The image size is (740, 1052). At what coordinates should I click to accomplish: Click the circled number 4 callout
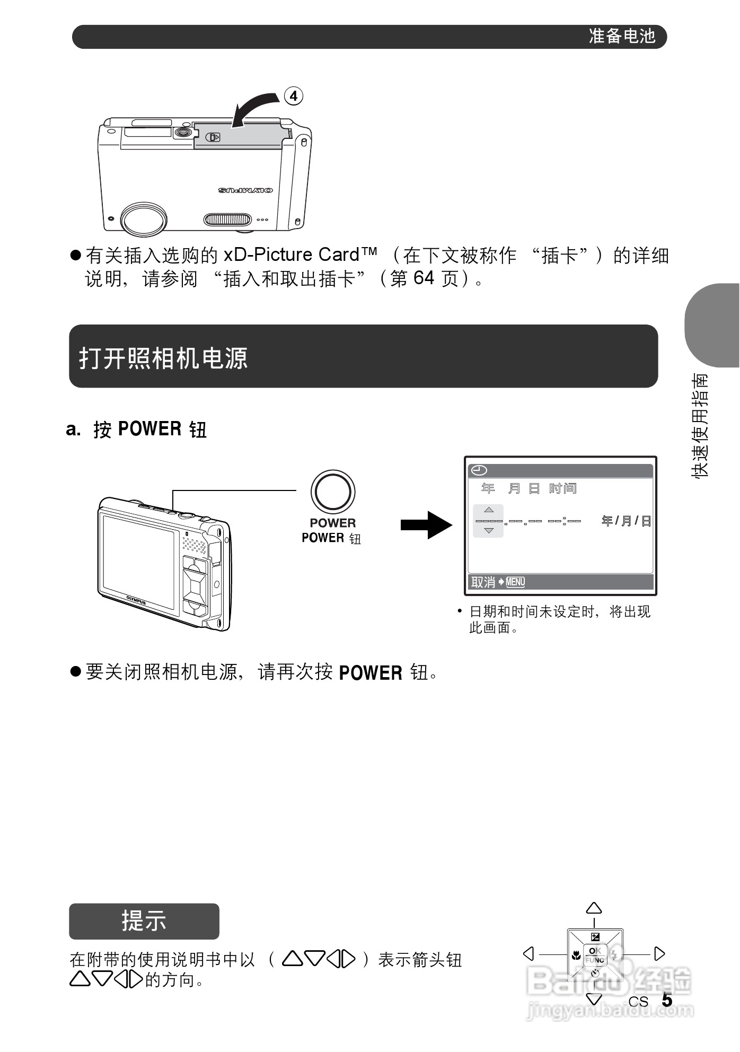[294, 96]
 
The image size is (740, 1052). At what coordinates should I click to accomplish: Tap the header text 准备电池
[622, 36]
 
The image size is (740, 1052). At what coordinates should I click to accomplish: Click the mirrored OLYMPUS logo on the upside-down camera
[245, 190]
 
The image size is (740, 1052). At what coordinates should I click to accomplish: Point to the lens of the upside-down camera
[144, 218]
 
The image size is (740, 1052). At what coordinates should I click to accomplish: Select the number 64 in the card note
[424, 278]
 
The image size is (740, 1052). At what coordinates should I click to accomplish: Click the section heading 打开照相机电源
[163, 358]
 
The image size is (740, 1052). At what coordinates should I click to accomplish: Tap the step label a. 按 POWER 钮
[136, 429]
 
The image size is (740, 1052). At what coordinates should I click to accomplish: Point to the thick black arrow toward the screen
[426, 525]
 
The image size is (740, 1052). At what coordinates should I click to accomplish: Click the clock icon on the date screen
[479, 470]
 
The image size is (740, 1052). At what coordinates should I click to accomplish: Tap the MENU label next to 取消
[515, 582]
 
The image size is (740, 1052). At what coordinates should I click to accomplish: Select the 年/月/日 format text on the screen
[626, 521]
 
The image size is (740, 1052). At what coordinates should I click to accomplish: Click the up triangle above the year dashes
[489, 510]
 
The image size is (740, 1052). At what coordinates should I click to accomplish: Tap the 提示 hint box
[144, 921]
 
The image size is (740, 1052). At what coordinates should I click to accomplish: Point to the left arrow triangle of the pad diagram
[528, 954]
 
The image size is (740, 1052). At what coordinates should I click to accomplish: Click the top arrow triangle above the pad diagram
[594, 908]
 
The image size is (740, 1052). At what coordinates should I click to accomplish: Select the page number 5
[667, 1000]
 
